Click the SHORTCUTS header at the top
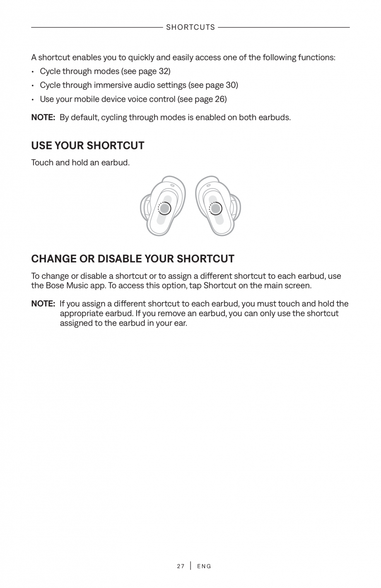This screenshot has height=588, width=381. tap(190, 27)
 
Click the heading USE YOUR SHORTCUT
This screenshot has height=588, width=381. tap(88, 146)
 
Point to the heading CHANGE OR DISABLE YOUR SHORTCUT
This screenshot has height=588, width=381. tap(133, 259)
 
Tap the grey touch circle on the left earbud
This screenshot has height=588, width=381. tap(164, 209)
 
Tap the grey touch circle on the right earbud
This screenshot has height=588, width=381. tap(216, 209)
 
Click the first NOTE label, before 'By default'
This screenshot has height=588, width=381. tap(43, 118)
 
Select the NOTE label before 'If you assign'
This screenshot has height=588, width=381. tap(43, 304)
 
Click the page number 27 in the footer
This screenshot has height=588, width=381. tap(181, 566)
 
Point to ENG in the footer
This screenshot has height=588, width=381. tap(204, 566)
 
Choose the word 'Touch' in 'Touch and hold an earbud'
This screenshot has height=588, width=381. tap(42, 163)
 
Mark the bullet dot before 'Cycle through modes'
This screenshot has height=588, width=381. tap(33, 72)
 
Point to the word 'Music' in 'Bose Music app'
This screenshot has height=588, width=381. tap(77, 286)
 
